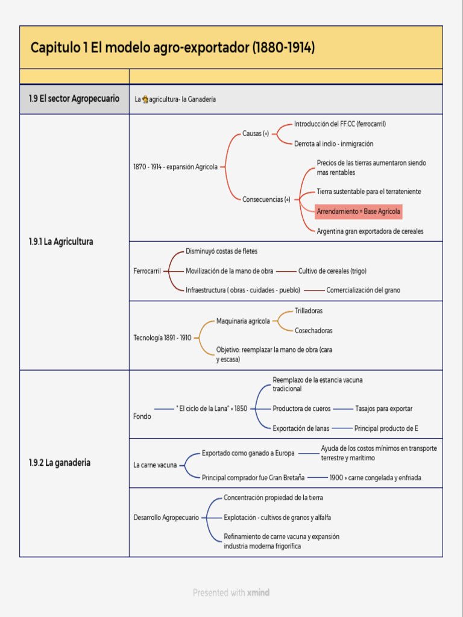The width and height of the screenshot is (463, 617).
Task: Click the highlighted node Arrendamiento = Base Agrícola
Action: (x=358, y=211)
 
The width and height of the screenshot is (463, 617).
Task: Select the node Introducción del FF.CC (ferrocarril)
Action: (x=340, y=124)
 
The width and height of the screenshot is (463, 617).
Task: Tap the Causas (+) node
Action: (x=256, y=133)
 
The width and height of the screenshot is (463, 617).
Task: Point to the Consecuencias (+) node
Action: (x=266, y=199)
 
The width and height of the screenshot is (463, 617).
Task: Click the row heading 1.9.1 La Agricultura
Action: (x=61, y=242)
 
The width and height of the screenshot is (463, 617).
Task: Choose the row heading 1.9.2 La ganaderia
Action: (x=60, y=463)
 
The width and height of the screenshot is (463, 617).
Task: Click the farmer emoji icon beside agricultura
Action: (x=145, y=99)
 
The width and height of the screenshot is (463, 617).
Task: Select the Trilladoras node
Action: (x=309, y=311)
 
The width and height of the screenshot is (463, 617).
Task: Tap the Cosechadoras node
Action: (x=313, y=331)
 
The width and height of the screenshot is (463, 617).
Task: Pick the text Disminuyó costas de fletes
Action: (x=222, y=251)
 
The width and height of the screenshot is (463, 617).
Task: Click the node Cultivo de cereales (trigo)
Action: (x=332, y=271)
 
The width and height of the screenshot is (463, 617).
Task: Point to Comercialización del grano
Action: (x=363, y=290)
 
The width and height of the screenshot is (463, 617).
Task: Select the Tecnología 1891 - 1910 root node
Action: (x=162, y=337)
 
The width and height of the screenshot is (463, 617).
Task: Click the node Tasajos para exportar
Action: (x=384, y=409)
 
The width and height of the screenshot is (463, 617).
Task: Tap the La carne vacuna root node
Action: (x=155, y=465)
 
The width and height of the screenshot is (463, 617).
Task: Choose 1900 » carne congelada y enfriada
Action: (x=375, y=478)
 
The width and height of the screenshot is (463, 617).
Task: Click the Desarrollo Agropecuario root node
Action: (x=166, y=518)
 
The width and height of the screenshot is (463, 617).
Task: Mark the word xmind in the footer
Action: (x=258, y=593)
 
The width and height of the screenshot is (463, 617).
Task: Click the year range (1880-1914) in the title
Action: (x=283, y=48)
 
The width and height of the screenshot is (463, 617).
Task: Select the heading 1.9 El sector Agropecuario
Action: (x=74, y=99)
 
